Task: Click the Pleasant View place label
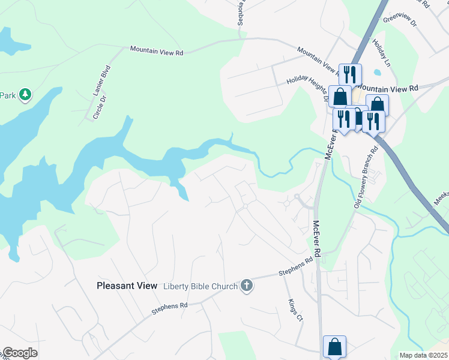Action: (x=127, y=286)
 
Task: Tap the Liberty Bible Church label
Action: (x=201, y=286)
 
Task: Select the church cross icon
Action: (x=246, y=286)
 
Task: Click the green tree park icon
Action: (x=25, y=94)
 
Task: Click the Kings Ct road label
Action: (x=294, y=311)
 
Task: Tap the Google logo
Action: (x=20, y=353)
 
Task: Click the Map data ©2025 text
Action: (x=423, y=355)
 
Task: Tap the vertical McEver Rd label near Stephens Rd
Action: (x=316, y=235)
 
